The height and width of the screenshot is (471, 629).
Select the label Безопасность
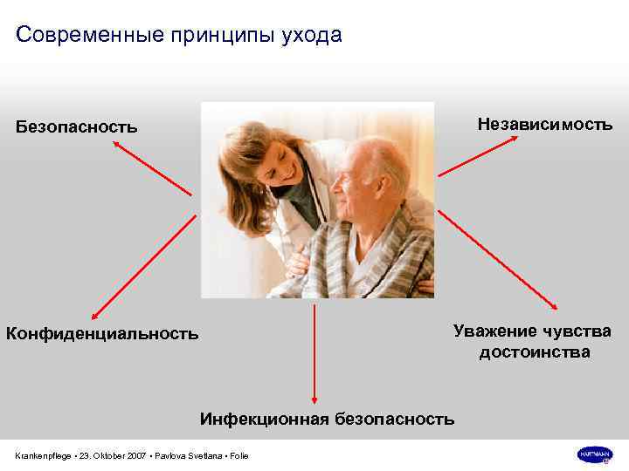point(77,127)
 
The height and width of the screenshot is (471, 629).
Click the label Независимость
point(545,125)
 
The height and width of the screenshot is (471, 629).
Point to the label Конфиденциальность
point(102,333)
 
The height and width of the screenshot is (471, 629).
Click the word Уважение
point(494,331)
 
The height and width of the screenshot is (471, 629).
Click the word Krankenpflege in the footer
point(43,456)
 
